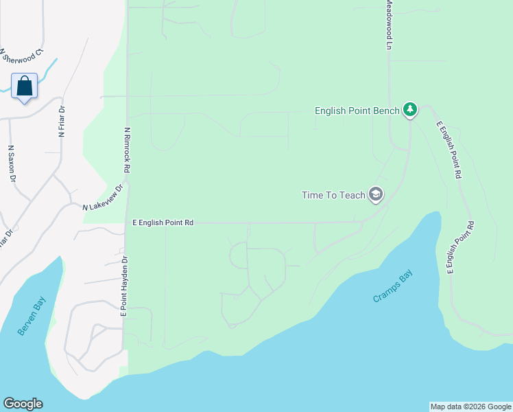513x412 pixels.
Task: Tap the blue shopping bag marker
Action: click(25, 86)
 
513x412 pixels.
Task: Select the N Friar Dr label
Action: click(61, 122)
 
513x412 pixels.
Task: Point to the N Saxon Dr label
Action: click(12, 163)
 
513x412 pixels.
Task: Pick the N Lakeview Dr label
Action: click(104, 198)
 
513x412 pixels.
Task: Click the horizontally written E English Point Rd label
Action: click(163, 223)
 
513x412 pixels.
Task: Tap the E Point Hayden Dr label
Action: click(125, 286)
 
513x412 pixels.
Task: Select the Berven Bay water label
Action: click(32, 315)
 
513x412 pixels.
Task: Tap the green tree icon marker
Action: click(410, 110)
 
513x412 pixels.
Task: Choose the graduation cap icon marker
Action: click(375, 195)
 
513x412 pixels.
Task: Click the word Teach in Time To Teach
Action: click(353, 196)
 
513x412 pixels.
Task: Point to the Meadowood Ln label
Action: click(388, 25)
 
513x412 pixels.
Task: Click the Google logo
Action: click(23, 404)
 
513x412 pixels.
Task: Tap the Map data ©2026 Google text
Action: click(470, 407)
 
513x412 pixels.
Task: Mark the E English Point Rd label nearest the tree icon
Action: click(448, 150)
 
